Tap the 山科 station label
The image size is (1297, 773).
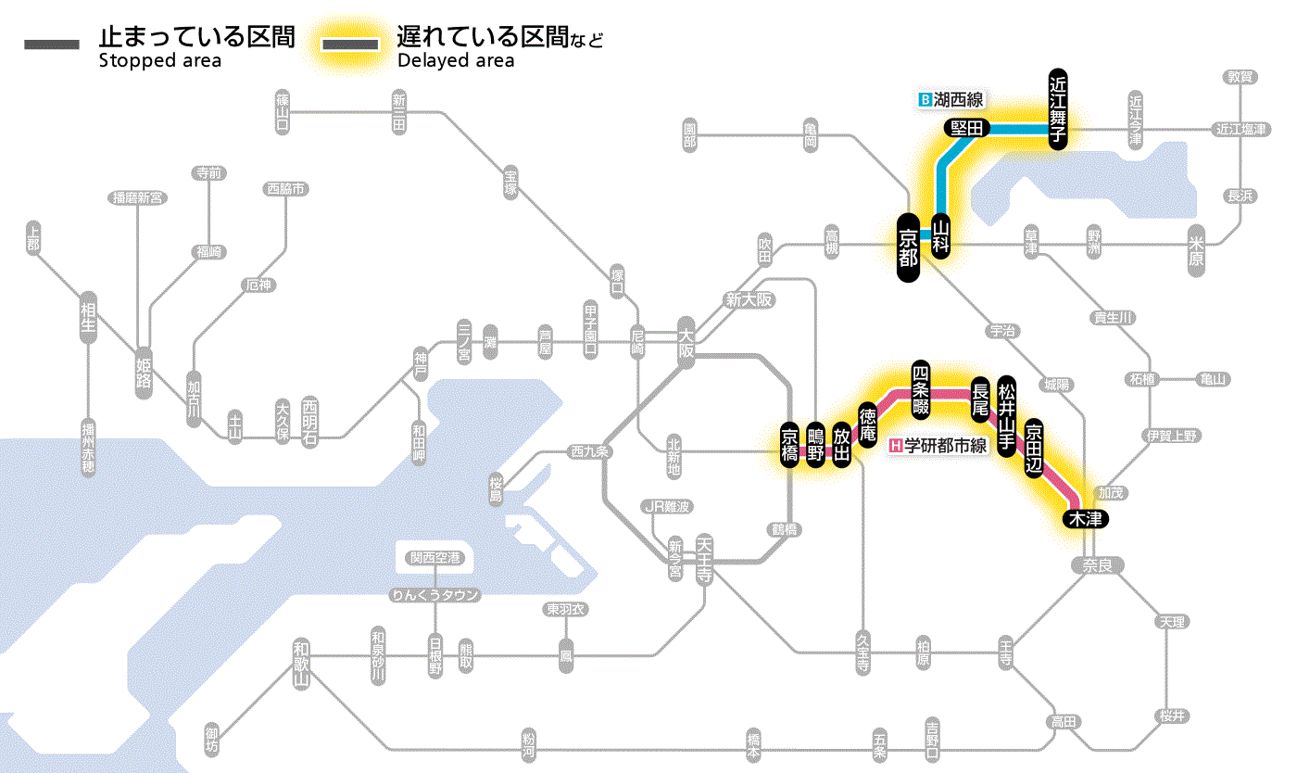point(941,237)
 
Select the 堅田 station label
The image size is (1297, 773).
point(967,129)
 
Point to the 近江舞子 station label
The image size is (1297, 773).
point(1058,108)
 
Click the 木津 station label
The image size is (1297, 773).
point(1085,519)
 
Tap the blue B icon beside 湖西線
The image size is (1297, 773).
point(924,99)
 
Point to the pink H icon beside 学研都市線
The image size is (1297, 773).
point(895,446)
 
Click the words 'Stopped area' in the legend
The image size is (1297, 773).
point(159,61)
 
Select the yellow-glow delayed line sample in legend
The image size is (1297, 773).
point(350,44)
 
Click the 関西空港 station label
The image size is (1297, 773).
point(435,558)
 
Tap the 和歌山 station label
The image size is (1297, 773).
point(300,664)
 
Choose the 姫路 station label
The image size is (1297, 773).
point(144,372)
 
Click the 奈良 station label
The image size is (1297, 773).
point(1097,564)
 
